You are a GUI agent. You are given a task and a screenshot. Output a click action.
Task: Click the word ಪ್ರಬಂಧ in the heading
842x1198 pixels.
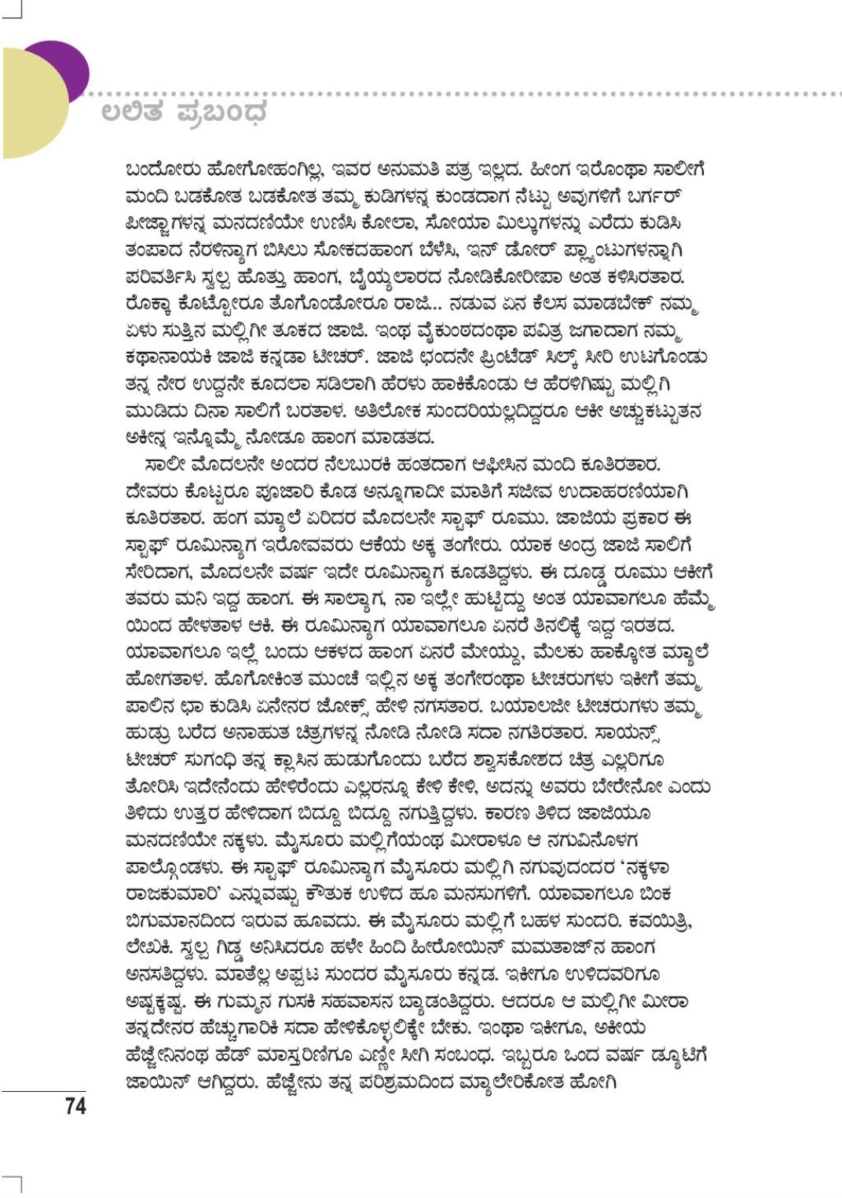coord(222,112)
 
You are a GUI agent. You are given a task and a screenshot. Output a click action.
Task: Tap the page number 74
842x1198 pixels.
coord(75,1106)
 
